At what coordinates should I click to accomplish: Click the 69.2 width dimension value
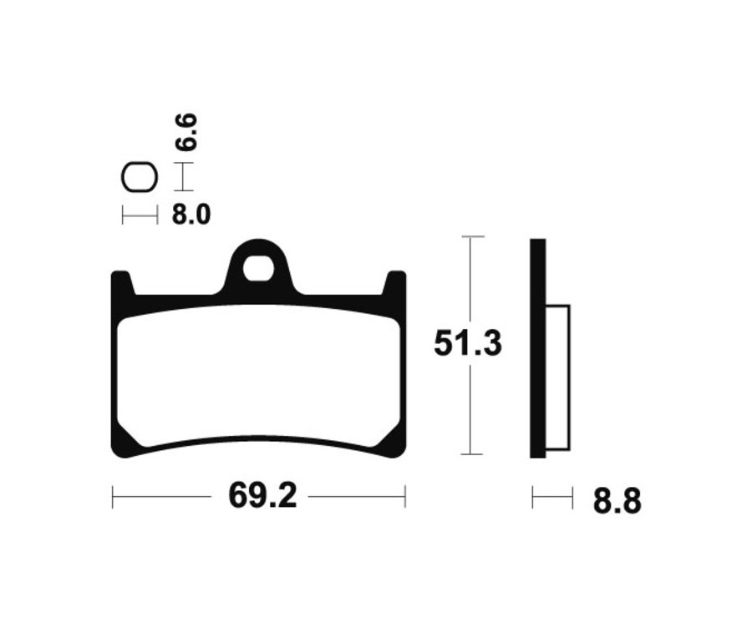pyautogui.click(x=260, y=498)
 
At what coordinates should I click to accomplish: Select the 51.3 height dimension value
pyautogui.click(x=468, y=345)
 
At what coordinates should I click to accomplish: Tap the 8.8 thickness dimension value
pyautogui.click(x=617, y=502)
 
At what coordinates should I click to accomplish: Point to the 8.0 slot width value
pyautogui.click(x=191, y=215)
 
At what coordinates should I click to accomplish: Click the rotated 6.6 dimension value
pyautogui.click(x=187, y=133)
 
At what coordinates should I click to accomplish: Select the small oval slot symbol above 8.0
pyautogui.click(x=139, y=178)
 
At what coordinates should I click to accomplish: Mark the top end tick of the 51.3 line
pyautogui.click(x=472, y=238)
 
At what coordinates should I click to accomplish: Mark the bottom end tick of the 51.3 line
pyautogui.click(x=472, y=454)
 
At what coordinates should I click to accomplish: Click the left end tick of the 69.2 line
pyautogui.click(x=113, y=498)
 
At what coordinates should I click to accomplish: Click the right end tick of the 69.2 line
pyautogui.click(x=405, y=498)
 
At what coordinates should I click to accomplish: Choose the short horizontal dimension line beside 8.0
pyautogui.click(x=139, y=215)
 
